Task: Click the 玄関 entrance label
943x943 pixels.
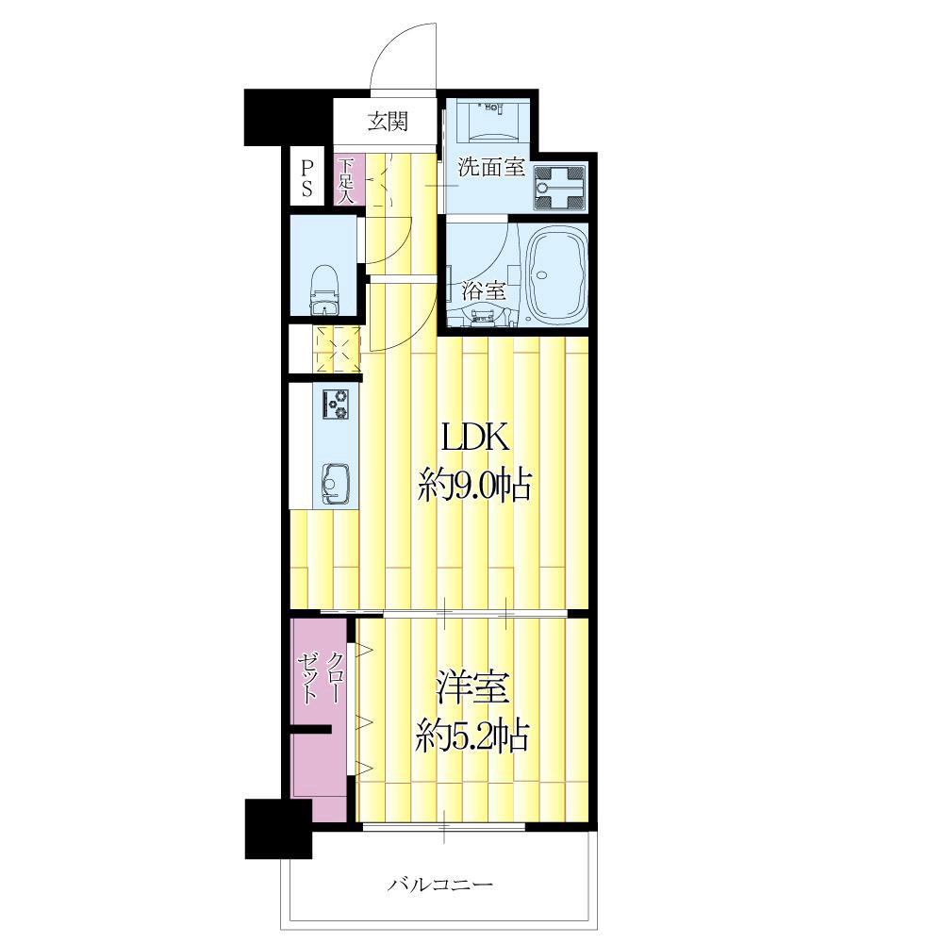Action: (388, 122)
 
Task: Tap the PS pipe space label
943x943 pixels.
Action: (307, 178)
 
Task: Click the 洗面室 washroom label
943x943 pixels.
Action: (491, 167)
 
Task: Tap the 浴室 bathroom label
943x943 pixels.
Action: (483, 291)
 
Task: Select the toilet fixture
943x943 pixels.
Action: (324, 290)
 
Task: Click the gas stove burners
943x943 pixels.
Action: (336, 404)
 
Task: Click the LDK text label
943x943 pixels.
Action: (475, 438)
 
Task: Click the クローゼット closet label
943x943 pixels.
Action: (320, 678)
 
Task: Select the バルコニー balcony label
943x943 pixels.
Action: (439, 885)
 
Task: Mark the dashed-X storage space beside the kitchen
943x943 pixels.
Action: (337, 350)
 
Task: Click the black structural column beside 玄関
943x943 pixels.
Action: (288, 118)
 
